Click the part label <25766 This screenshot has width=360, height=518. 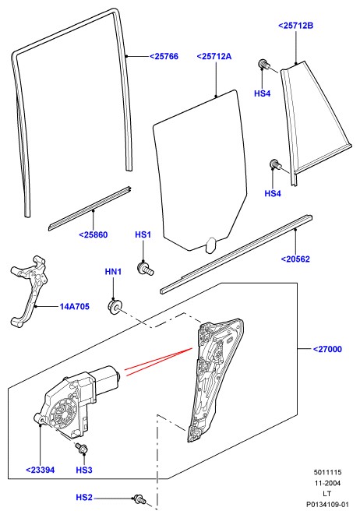coord(164,57)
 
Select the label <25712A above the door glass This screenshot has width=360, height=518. coord(214,57)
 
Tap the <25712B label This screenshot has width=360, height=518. coord(296,26)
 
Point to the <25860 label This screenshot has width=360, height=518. coord(94,235)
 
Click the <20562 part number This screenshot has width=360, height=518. coord(295,259)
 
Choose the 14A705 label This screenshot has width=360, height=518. coord(74,307)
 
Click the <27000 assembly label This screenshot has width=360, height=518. coord(327,349)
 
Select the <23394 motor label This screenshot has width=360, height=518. coord(41,470)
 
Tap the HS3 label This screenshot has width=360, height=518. coord(84,470)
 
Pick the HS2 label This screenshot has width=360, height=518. coord(84,497)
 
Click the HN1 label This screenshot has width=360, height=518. coord(113,272)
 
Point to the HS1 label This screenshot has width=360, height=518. coord(143,235)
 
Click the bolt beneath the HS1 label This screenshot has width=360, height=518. coord(145,268)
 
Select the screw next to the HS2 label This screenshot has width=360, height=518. coord(139,499)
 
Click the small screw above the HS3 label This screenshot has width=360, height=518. coord(81,448)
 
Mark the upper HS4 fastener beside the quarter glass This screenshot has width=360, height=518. coord(263,64)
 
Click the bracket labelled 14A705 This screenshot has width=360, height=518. coord(29,291)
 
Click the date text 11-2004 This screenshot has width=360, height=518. coord(327,483)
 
